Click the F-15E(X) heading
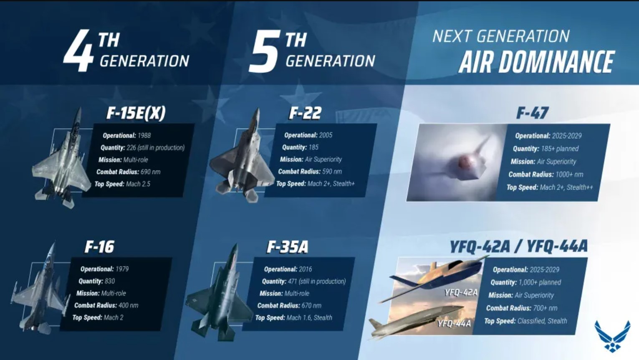(x=136, y=113)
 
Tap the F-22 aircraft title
(x=305, y=113)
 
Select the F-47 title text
(x=532, y=113)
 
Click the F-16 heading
(x=99, y=247)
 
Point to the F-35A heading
(x=288, y=247)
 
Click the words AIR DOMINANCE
(x=536, y=62)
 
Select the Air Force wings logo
(x=612, y=336)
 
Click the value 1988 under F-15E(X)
(x=144, y=136)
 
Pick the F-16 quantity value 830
(x=109, y=281)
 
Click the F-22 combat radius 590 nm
(x=332, y=172)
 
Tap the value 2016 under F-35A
(x=305, y=269)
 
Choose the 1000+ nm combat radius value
(x=569, y=175)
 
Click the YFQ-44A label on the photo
(x=454, y=324)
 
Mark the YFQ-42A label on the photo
(x=461, y=292)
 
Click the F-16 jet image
(x=40, y=288)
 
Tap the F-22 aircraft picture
(x=242, y=156)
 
